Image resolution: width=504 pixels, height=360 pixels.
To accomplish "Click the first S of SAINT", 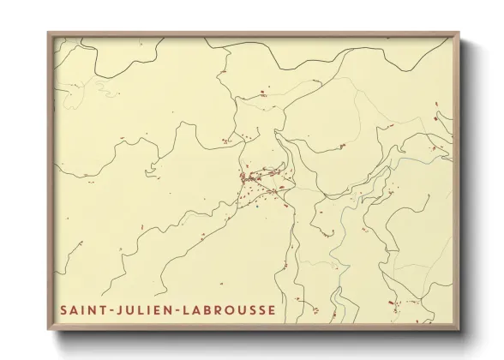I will point(64,308).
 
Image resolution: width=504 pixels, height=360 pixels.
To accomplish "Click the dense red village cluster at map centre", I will point(261,181).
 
